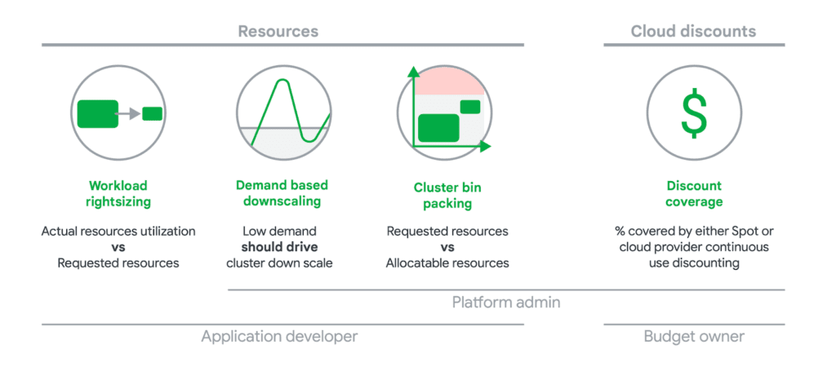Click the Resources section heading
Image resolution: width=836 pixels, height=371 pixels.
point(278,32)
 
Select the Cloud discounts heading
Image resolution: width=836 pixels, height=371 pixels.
point(693,32)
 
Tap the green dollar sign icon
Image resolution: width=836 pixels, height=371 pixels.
point(694,113)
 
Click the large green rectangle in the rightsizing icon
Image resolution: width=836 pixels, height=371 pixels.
point(97,113)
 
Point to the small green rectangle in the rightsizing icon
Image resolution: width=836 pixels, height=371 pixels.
point(152,113)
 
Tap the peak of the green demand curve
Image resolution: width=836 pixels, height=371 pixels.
point(282,82)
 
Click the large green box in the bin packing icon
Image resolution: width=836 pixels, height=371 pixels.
point(438,129)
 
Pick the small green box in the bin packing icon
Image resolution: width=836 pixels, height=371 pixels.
point(469,106)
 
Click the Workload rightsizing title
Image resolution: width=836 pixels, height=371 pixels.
point(118,193)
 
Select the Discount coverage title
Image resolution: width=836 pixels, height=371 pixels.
point(694,193)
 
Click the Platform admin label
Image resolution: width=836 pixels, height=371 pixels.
point(506,303)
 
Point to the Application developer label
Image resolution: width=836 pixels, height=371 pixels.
point(279,336)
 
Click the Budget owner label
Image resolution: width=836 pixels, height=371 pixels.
point(694,336)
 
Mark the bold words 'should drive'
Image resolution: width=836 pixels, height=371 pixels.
point(278,247)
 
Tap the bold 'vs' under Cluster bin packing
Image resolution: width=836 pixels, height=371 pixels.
point(447,247)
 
